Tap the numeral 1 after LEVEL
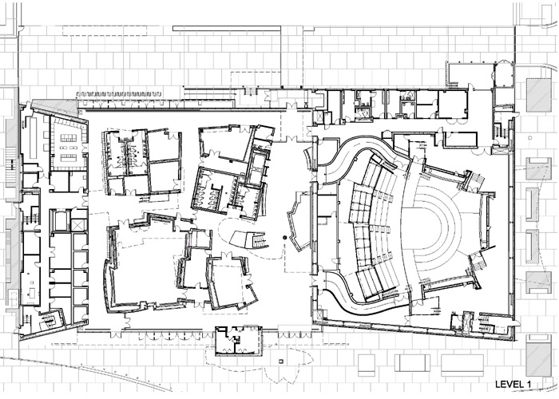click(x=528, y=385)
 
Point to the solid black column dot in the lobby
click(x=284, y=237)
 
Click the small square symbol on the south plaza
click(x=283, y=361)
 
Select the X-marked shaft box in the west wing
click(x=79, y=225)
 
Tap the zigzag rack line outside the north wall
click(x=119, y=93)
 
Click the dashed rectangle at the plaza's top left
click(x=105, y=30)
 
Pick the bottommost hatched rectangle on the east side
click(x=539, y=355)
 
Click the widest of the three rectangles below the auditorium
click(x=460, y=365)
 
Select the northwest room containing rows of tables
click(x=68, y=144)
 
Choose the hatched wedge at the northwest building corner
click(x=55, y=106)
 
